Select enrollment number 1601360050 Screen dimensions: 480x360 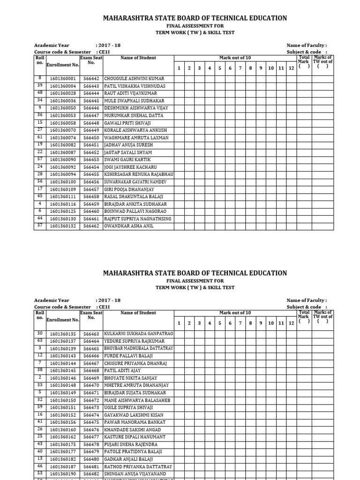(63, 108)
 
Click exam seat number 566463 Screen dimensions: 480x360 (91, 334)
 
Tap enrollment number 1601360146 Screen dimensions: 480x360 (63, 378)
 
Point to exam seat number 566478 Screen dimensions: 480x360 (91, 444)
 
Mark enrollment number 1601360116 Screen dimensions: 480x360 (63, 204)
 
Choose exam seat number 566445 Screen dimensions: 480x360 (91, 101)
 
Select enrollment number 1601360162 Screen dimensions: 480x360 (63, 437)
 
